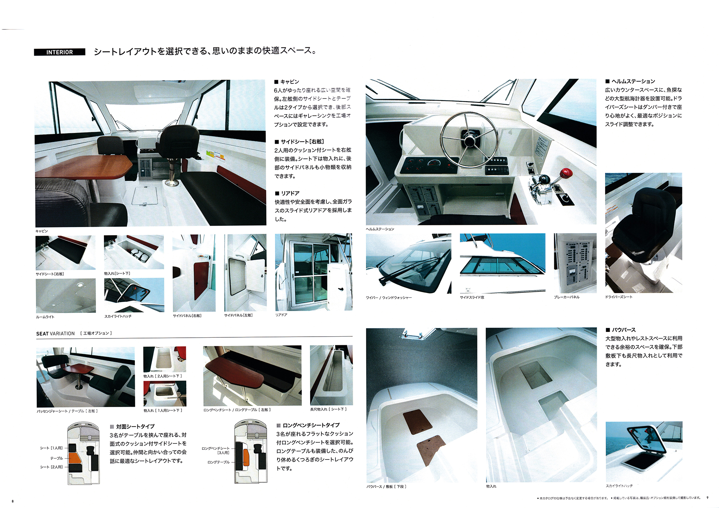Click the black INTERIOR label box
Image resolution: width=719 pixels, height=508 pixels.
pyautogui.click(x=59, y=52)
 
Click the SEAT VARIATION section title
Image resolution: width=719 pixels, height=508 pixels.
pyautogui.click(x=55, y=333)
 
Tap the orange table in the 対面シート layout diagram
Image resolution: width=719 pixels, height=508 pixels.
pyautogui.click(x=74, y=458)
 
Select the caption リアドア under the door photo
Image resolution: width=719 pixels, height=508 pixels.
pyautogui.click(x=281, y=315)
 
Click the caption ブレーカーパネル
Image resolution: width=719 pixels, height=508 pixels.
pyautogui.click(x=567, y=297)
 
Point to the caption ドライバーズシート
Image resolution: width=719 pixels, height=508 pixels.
pyautogui.click(x=618, y=297)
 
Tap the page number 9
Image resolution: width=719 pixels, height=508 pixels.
pyautogui.click(x=707, y=498)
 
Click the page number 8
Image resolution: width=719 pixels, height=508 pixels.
pyautogui.click(x=13, y=501)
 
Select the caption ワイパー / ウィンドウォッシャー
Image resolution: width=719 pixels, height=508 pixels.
pyautogui.click(x=389, y=298)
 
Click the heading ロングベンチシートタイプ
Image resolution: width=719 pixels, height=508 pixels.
pyautogui.click(x=311, y=425)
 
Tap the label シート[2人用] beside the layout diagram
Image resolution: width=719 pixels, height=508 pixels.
pyautogui.click(x=51, y=467)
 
